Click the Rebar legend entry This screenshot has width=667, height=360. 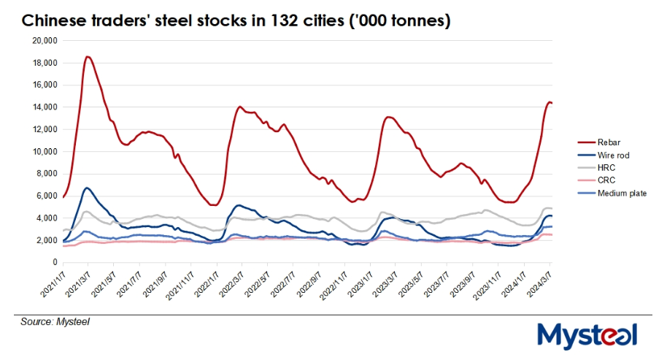(609, 142)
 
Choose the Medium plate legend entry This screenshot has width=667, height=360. (620, 193)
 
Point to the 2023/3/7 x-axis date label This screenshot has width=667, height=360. (385, 286)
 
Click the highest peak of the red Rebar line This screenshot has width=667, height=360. (88, 56)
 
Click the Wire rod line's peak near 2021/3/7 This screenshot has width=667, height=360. (88, 188)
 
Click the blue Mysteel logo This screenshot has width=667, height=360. (588, 337)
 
